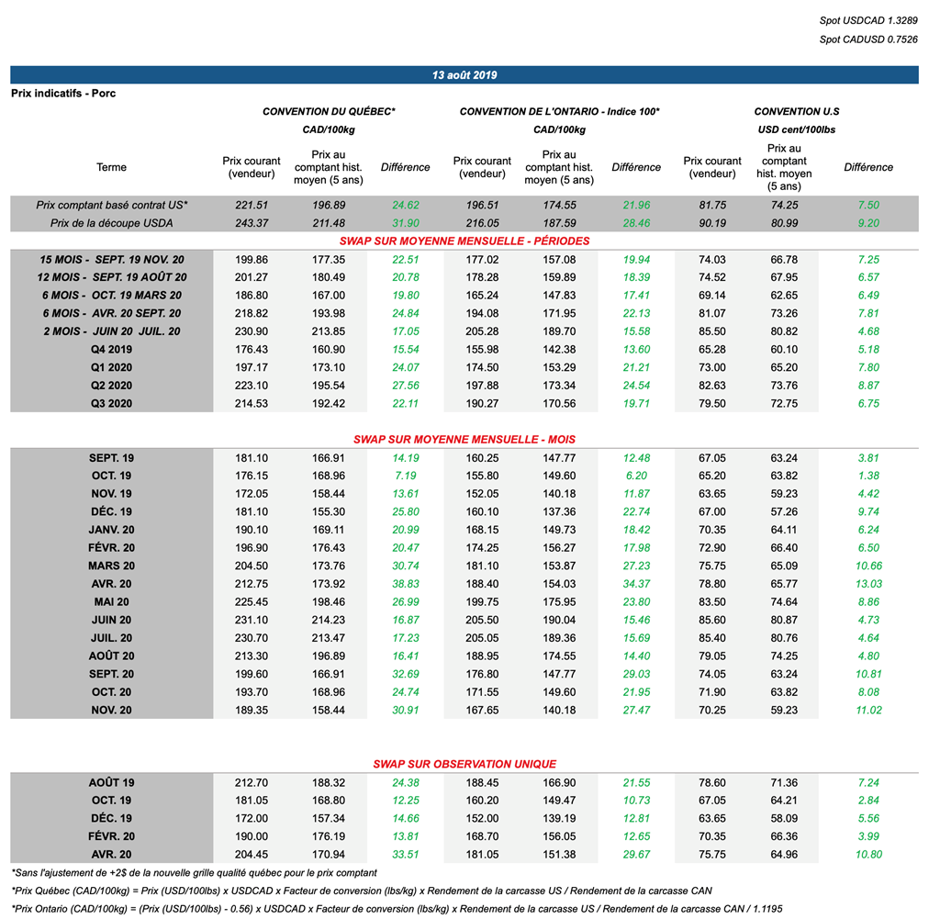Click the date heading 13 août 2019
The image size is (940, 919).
[x=464, y=75]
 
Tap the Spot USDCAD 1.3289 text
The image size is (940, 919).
[x=868, y=20]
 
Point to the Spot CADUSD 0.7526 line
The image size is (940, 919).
[x=868, y=39]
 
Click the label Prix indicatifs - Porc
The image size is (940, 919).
[x=63, y=94]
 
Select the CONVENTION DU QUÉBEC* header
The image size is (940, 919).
[x=329, y=112]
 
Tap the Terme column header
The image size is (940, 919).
[x=111, y=167]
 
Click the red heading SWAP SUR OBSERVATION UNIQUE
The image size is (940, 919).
[x=464, y=764]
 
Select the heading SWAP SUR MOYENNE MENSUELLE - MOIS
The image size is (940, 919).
[x=464, y=440]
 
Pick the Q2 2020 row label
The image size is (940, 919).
[x=111, y=386]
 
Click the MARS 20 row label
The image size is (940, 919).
[x=111, y=566]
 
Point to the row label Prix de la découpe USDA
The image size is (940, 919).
[x=111, y=223]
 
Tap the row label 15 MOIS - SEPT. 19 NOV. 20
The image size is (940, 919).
[x=111, y=260]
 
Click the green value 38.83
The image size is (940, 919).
[x=405, y=584]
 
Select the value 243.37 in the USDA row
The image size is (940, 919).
[x=252, y=223]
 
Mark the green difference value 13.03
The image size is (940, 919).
[x=868, y=584]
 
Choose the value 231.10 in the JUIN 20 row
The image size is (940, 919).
[x=252, y=620]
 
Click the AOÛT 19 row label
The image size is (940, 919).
[x=111, y=782]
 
